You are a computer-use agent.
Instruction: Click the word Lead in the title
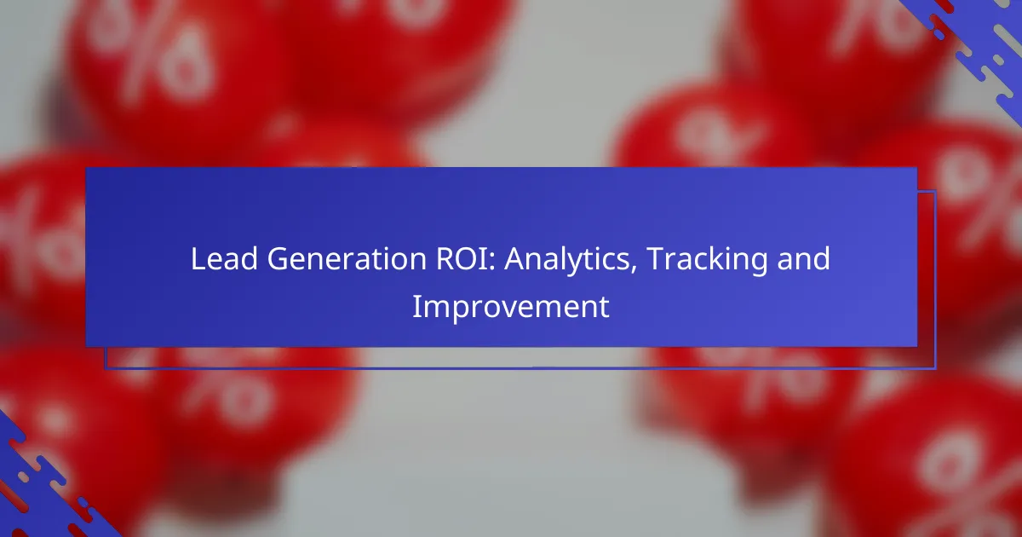point(224,259)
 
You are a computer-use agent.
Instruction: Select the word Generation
point(347,259)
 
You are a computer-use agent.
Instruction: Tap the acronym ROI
point(462,259)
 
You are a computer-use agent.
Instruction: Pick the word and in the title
point(803,259)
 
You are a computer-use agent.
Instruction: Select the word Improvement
point(510,308)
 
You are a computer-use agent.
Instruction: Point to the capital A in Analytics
point(515,259)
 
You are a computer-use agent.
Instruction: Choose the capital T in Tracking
point(657,259)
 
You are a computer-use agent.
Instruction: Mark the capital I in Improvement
point(416,306)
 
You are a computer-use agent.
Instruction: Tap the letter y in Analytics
point(577,265)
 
